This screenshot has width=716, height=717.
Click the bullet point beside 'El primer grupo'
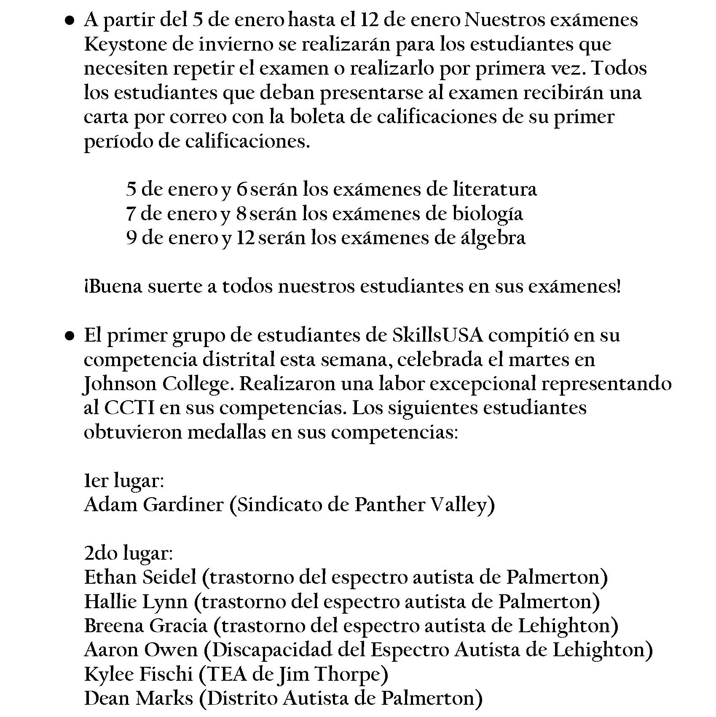[x=70, y=336]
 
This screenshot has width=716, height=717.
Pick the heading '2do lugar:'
[x=129, y=554]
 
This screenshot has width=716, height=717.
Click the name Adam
[x=111, y=505]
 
